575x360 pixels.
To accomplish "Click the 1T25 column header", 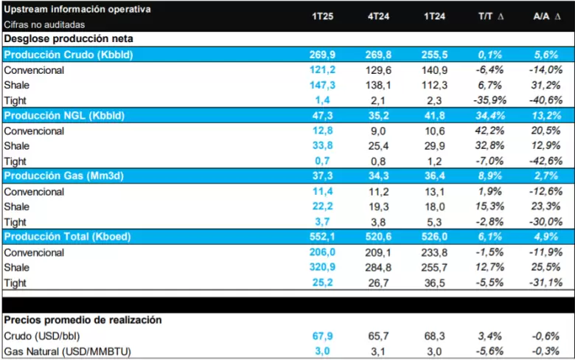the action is (322, 16).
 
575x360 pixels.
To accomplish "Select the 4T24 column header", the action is (378, 16).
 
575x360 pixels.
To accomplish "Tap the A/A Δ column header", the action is (547, 16).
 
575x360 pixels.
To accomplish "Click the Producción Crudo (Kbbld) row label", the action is (69, 55).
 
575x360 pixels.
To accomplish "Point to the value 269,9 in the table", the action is (322, 55).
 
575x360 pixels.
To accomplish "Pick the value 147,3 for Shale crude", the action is (322, 85).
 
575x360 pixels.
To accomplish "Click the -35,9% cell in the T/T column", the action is (490, 100).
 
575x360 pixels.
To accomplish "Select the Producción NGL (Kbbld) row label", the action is (64, 116).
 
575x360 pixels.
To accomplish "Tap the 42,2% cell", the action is (490, 131).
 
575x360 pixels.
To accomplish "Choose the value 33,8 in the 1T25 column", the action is (323, 145).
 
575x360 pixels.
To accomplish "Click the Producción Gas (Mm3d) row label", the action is (64, 176).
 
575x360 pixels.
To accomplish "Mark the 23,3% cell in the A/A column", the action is (546, 207).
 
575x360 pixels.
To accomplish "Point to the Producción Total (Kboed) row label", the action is (68, 237).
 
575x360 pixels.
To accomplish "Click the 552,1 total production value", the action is (322, 237).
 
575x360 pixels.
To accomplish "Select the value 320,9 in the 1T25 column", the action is (322, 267).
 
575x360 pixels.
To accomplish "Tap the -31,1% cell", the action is (546, 283).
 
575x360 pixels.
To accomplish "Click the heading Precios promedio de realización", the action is (83, 320).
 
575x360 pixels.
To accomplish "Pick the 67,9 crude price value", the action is (323, 336).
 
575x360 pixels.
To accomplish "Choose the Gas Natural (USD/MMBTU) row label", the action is (68, 352).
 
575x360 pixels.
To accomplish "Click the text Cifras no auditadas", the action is (44, 24).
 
